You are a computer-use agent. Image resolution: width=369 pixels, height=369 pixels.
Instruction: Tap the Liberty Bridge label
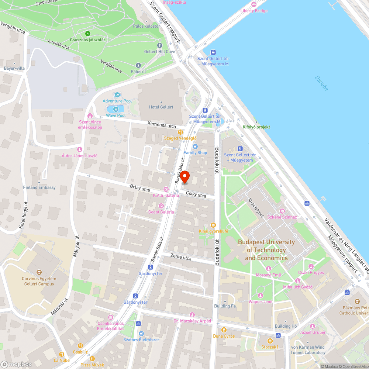click(254, 11)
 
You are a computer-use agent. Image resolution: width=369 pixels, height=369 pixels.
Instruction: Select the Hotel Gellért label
click(161, 107)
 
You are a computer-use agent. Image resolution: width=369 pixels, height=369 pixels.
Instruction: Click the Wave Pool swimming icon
click(116, 109)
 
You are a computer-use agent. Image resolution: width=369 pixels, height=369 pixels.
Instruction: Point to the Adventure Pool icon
click(117, 95)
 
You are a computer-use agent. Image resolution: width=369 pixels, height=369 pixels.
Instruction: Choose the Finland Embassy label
click(39, 187)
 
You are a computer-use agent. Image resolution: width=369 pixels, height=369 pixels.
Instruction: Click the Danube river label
click(321, 84)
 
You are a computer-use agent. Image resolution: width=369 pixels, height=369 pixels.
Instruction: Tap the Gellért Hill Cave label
click(159, 52)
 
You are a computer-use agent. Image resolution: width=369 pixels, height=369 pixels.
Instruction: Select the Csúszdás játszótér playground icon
click(88, 34)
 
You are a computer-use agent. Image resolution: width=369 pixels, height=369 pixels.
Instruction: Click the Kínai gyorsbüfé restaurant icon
click(213, 225)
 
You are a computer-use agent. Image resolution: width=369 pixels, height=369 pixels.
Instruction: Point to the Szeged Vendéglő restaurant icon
click(180, 132)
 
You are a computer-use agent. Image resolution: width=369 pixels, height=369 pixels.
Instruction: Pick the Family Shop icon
click(195, 146)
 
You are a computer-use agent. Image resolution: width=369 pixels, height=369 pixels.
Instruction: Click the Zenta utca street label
click(181, 258)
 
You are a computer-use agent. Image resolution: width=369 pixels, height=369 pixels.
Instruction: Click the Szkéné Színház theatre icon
click(282, 211)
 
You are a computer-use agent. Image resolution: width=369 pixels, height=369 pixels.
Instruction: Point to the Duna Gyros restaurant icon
click(224, 330)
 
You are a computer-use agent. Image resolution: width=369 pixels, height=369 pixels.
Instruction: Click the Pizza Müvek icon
click(92, 359)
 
